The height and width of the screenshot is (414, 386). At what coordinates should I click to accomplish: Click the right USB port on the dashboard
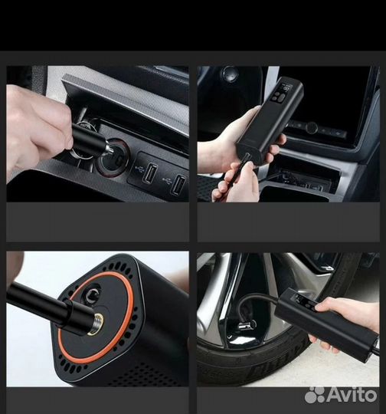[x=177, y=184]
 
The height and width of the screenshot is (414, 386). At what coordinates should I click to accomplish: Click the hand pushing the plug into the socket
[x=38, y=127]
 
